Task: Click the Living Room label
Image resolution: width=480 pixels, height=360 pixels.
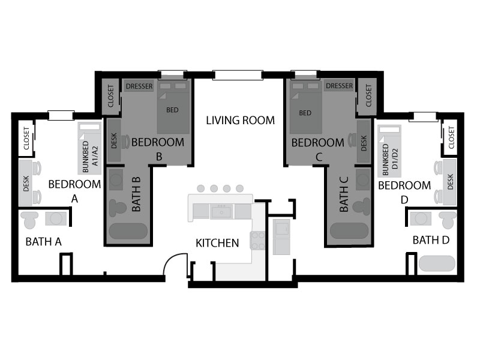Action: pyautogui.click(x=241, y=121)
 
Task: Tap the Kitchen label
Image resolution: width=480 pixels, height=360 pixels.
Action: pyautogui.click(x=217, y=243)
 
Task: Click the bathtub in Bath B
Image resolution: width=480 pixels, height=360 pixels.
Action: pyautogui.click(x=128, y=231)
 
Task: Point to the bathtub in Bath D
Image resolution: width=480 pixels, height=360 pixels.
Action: pyautogui.click(x=437, y=263)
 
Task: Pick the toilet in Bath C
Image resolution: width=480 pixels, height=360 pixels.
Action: pyautogui.click(x=362, y=206)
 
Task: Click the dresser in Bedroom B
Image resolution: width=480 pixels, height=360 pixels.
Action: pyautogui.click(x=139, y=86)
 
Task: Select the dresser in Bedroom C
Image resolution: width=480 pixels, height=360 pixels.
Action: pyautogui.click(x=339, y=86)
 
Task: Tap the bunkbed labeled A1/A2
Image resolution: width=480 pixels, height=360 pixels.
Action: pyautogui.click(x=89, y=148)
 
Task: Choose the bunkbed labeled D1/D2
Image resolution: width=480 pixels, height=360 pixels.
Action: pyautogui.click(x=389, y=151)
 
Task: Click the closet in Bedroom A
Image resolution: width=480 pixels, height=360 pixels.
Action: pyautogui.click(x=26, y=139)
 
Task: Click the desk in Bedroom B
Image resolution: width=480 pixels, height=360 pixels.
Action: pyautogui.click(x=114, y=140)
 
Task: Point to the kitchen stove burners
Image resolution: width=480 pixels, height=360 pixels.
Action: pyautogui.click(x=258, y=241)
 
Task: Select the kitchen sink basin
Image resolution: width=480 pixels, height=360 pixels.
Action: pyautogui.click(x=221, y=212)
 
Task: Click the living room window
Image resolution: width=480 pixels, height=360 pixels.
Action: pyautogui.click(x=238, y=75)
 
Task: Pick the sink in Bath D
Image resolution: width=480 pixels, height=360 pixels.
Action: pyautogui.click(x=421, y=219)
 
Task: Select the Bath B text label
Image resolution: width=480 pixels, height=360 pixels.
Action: pyautogui.click(x=136, y=194)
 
